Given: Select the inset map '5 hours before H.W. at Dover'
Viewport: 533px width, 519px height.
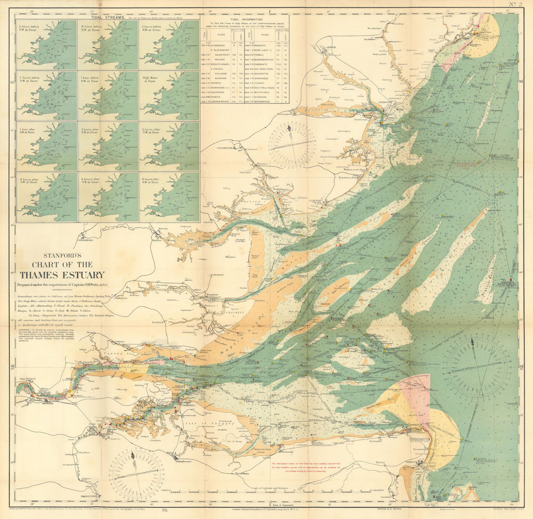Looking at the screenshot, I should pyautogui.click(x=46, y=44).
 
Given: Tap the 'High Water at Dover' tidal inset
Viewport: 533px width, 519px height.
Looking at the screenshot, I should pyautogui.click(x=169, y=95).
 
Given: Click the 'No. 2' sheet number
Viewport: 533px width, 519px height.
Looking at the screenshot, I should pyautogui.click(x=516, y=5).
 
